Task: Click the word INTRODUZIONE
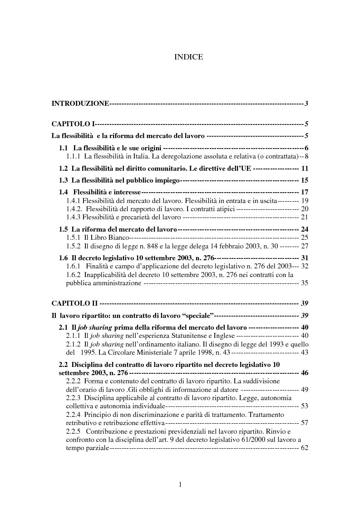[x=80, y=104]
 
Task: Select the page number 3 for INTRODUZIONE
[x=306, y=104]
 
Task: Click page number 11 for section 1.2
[x=304, y=168]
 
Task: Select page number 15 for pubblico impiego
[x=304, y=180]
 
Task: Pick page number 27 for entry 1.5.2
[x=304, y=246]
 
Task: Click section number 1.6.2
[x=74, y=275]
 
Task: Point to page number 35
[x=304, y=283]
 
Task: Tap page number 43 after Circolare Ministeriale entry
[x=304, y=352]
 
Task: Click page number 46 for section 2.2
[x=304, y=373]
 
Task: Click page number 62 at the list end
[x=304, y=448]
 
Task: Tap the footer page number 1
[x=180, y=485]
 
